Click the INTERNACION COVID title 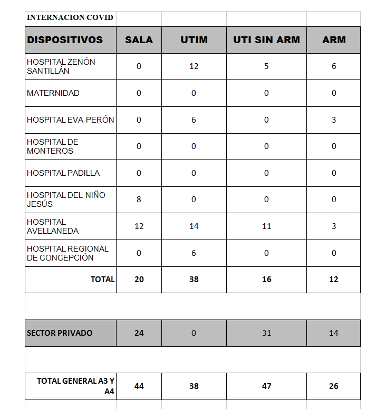70,17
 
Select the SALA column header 139,39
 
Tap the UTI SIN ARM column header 266,39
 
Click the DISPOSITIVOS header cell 65,39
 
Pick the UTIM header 194,39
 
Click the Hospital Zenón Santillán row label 61,66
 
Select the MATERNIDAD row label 53,93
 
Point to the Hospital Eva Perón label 71,120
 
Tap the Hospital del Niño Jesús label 66,199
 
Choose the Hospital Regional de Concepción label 67,253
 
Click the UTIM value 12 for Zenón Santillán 194,66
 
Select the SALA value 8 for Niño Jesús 139,199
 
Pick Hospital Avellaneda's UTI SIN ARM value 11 266,226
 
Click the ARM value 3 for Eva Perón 334,120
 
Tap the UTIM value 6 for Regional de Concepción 194,253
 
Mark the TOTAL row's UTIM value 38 194,280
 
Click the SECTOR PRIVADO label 60,333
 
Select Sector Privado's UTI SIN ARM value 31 266,333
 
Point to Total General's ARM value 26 334,386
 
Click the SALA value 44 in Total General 139,386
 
